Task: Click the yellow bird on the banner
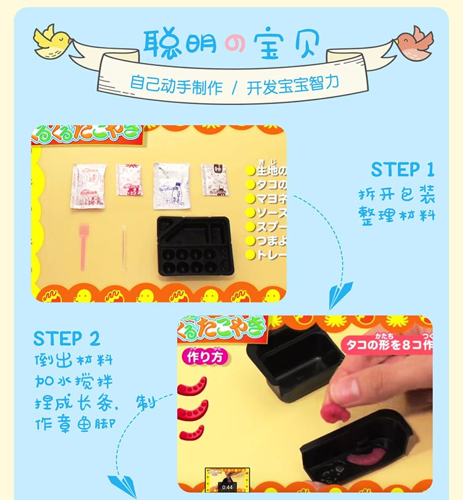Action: tap(52, 41)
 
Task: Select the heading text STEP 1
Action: tap(403, 170)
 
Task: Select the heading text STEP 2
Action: tap(66, 338)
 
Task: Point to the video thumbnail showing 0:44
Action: tap(227, 480)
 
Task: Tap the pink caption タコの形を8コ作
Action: tap(386, 343)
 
